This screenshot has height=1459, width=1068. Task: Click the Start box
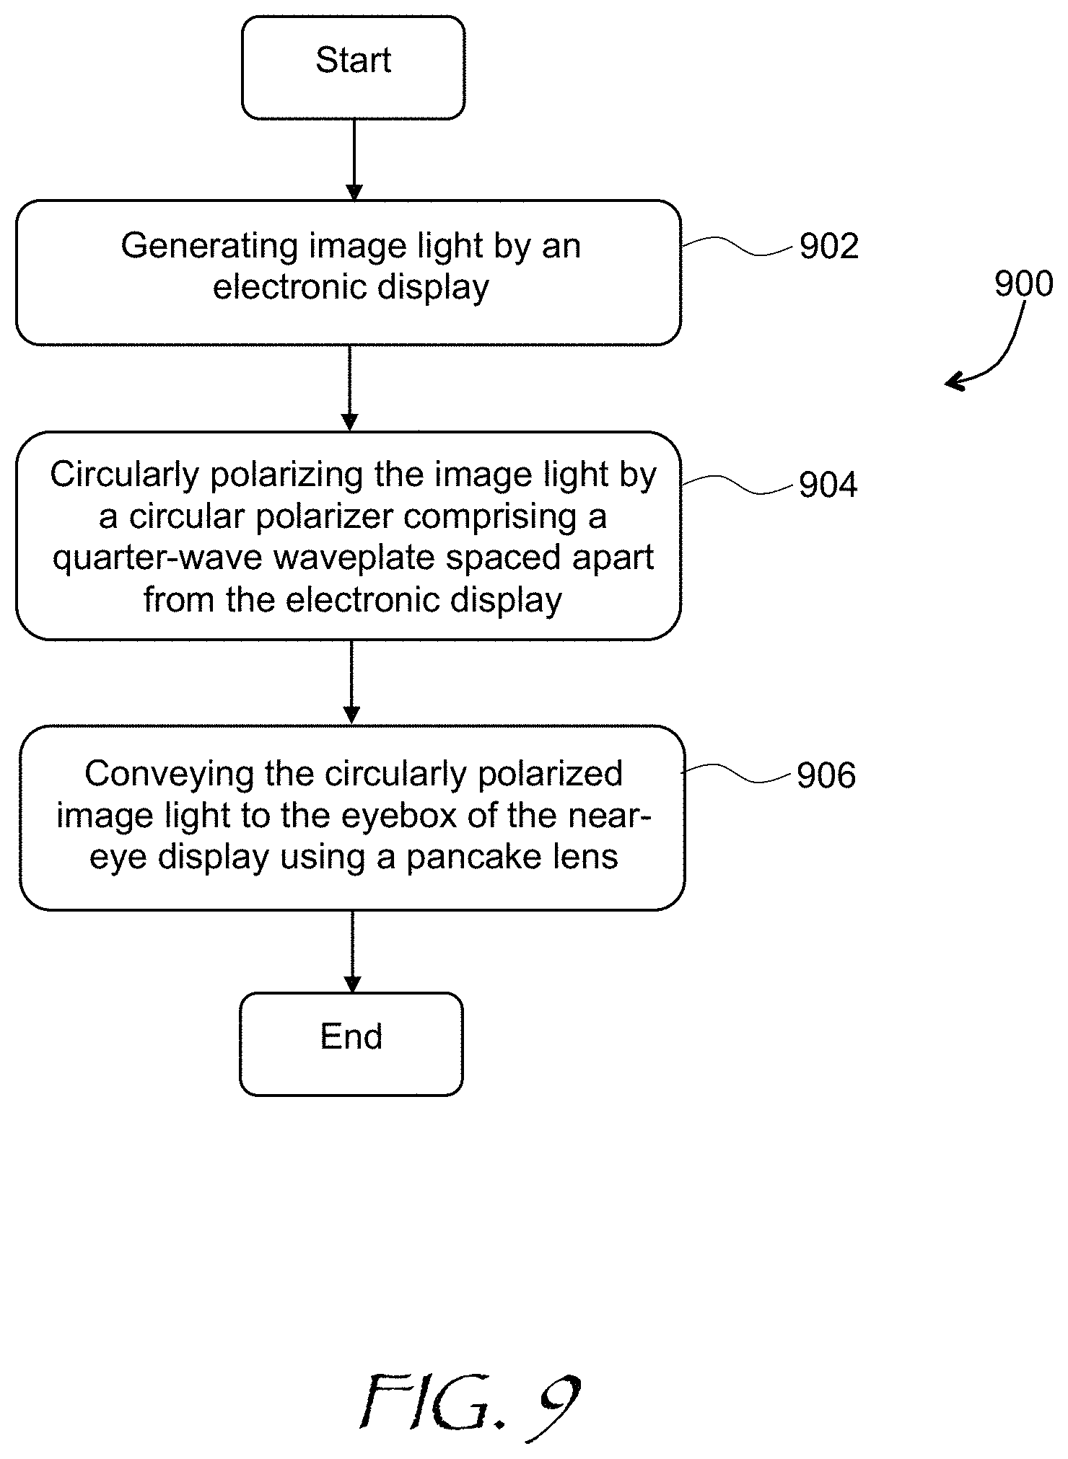coord(353,68)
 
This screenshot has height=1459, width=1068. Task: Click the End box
coord(351,1044)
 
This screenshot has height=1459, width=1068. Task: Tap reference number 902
coord(829,247)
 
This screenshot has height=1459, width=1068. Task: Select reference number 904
coord(828,485)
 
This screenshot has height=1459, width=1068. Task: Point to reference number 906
coord(826,775)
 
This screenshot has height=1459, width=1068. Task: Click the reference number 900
coord(1024,284)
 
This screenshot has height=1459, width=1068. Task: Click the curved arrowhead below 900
coord(956,381)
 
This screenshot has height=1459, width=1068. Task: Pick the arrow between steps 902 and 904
coord(350,388)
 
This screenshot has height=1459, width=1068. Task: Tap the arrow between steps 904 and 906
coord(351,682)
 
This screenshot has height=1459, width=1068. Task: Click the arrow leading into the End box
coord(352,951)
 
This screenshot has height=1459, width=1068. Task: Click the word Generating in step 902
coord(210,247)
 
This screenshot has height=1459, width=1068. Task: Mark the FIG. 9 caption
coord(470,1403)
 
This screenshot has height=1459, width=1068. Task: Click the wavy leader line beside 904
coord(739,485)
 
